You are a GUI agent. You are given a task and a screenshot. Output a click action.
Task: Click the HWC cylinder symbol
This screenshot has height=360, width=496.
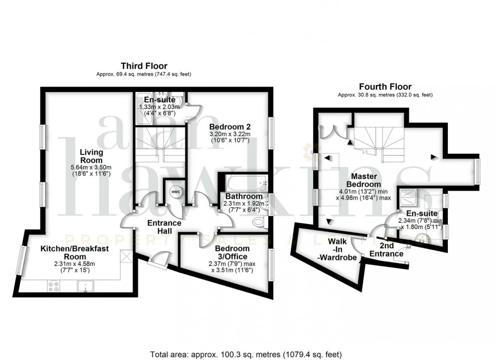pyautogui.click(x=175, y=193)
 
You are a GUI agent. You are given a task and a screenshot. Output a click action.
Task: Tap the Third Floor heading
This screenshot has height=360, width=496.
pyautogui.click(x=144, y=66)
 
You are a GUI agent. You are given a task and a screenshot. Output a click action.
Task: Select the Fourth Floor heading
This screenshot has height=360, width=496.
pyautogui.click(x=385, y=86)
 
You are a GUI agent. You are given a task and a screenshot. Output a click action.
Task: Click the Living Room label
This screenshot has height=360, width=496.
pyautogui.click(x=92, y=156)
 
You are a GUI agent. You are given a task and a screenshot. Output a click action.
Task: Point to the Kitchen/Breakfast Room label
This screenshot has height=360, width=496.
pyautogui.click(x=68, y=253)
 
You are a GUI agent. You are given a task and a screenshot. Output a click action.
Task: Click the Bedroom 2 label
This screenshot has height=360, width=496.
pyautogui.click(x=230, y=126)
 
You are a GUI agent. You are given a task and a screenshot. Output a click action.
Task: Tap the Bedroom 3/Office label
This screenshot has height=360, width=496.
pyautogui.click(x=232, y=253)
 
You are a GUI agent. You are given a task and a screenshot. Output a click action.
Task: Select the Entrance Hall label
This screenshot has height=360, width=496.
pyautogui.click(x=164, y=227)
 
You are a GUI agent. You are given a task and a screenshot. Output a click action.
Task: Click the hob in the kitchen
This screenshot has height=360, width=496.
pyautogui.click(x=53, y=286)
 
